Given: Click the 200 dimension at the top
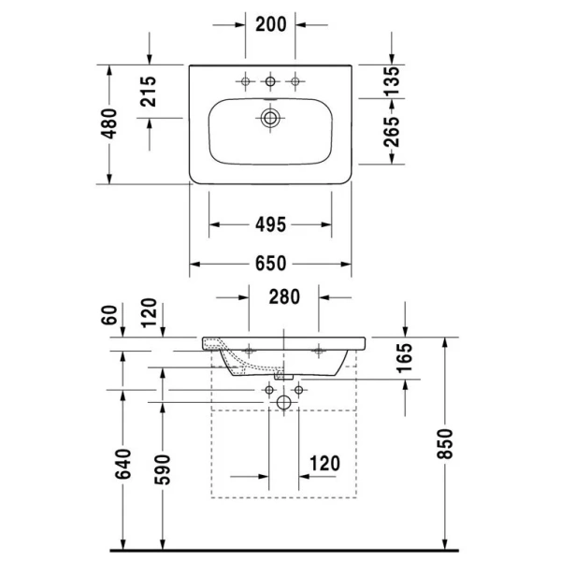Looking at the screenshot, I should pos(270,25).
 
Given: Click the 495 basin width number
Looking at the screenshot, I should pos(269,224).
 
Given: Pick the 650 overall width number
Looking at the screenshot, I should pos(270,264).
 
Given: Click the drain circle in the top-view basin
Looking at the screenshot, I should pos(271,118).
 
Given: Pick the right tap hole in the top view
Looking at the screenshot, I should pos(295,81).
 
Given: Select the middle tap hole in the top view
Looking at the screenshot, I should pos(271,81).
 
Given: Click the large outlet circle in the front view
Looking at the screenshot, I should pos(284,402).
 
